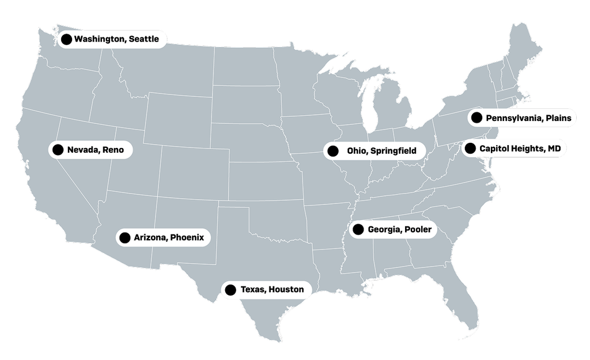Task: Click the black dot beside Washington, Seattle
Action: (x=66, y=39)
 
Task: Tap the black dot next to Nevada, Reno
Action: (x=58, y=150)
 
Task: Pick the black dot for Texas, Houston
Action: (x=230, y=290)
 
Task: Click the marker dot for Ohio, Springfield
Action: (x=332, y=151)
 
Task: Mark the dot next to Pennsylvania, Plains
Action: (x=476, y=118)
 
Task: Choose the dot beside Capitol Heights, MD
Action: (x=470, y=149)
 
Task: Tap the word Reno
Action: (x=114, y=150)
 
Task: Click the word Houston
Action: (x=286, y=289)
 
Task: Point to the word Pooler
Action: (x=418, y=230)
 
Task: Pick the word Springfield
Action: (x=393, y=151)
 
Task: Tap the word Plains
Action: (x=559, y=118)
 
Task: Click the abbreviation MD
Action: (x=554, y=149)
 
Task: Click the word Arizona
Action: (x=151, y=237)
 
